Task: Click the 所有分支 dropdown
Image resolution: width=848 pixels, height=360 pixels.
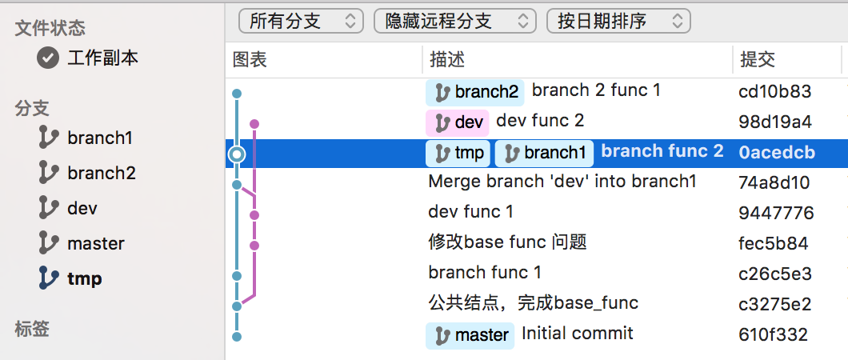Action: [301, 22]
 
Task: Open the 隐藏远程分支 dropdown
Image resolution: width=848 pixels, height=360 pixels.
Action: [455, 22]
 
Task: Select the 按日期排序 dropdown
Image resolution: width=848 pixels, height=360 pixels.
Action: [618, 22]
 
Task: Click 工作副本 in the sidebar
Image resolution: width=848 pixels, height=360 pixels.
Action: [102, 58]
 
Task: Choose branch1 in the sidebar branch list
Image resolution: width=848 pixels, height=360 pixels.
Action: [100, 138]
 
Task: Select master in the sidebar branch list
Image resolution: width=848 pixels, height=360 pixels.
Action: [96, 243]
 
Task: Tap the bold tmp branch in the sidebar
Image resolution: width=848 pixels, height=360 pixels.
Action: [85, 278]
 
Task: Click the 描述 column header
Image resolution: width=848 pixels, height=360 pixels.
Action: [447, 59]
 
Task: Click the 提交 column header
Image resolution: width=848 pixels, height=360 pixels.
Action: [758, 59]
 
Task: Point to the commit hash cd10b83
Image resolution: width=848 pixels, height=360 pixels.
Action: [775, 91]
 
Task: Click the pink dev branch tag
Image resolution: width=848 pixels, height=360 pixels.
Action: [458, 122]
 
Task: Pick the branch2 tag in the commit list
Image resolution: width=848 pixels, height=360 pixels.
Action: [475, 93]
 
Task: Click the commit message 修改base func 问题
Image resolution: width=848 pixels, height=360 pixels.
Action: [508, 242]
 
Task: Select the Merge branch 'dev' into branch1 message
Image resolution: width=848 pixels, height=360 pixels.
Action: [562, 181]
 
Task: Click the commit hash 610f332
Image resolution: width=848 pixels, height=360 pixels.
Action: [774, 334]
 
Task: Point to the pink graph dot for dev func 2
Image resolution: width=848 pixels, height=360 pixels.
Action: [254, 124]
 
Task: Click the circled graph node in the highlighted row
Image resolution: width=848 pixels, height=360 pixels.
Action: [236, 154]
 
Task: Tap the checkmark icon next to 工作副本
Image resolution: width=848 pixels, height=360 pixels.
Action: [48, 58]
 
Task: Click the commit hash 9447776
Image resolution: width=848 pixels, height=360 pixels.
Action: [776, 213]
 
